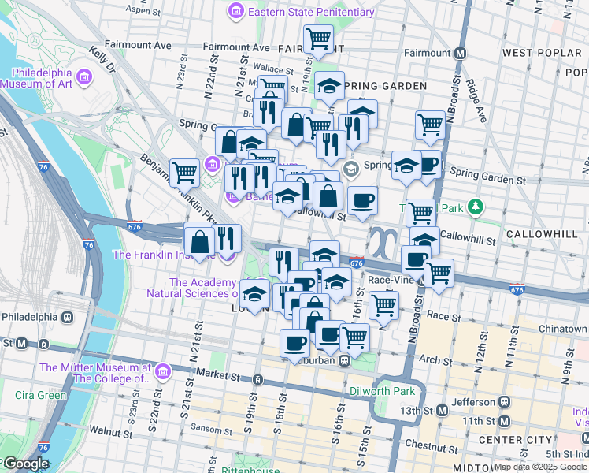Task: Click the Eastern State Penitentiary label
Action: (310, 12)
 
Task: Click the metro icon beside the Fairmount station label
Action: (461, 53)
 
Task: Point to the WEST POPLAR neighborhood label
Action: (537, 53)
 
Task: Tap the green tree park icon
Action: (474, 207)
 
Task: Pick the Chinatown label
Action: (563, 329)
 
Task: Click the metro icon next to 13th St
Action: (442, 410)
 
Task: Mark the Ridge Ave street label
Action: (476, 95)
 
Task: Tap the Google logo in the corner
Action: (25, 464)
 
